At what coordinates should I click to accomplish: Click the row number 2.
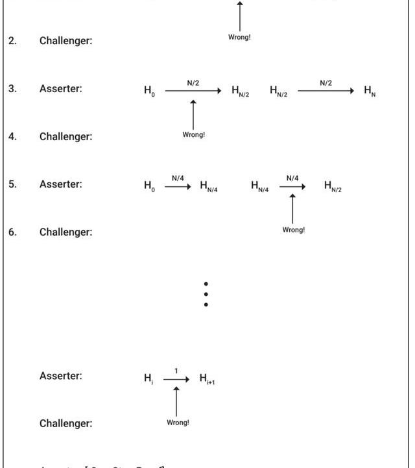tap(12, 41)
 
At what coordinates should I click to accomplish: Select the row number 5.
tap(12, 184)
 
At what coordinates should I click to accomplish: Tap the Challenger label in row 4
tap(65, 136)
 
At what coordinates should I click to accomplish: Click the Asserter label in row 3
tap(61, 89)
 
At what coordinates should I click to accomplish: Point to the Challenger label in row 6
tap(65, 232)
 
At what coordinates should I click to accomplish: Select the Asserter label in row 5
tap(61, 184)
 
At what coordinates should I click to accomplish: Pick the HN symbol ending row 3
tap(370, 91)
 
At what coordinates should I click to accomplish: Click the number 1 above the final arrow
tap(176, 371)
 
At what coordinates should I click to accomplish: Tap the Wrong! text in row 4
tap(193, 135)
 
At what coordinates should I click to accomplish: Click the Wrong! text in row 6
tap(293, 230)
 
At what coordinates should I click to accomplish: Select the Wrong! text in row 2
tap(239, 37)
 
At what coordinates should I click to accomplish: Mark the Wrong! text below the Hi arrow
tap(178, 423)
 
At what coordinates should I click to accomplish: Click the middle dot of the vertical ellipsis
tap(206, 294)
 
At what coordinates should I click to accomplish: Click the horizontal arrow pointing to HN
tap(326, 91)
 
